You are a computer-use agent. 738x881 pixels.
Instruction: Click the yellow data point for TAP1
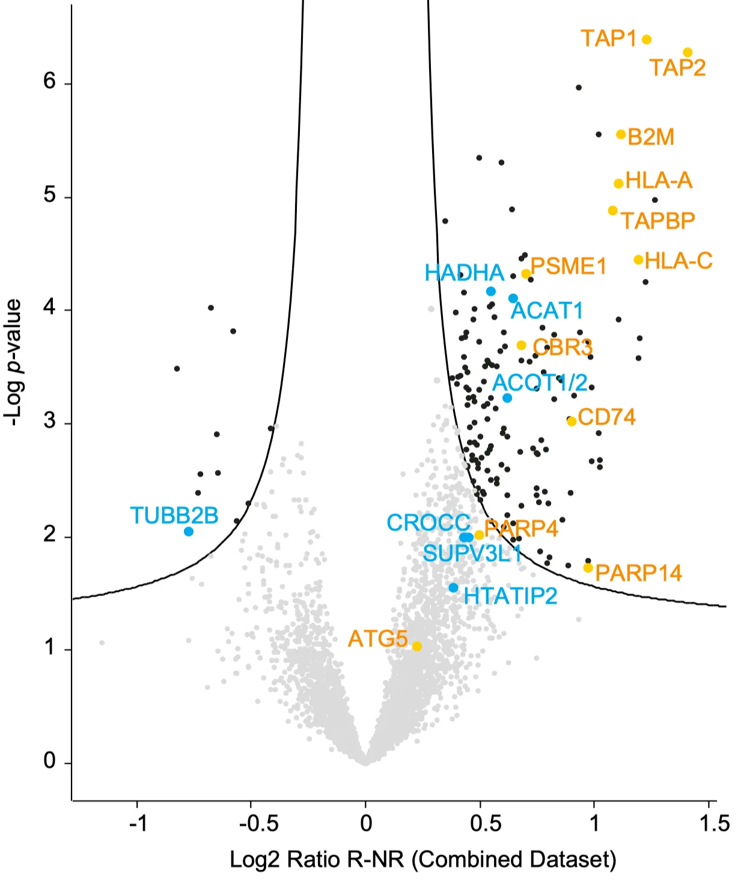pyautogui.click(x=647, y=40)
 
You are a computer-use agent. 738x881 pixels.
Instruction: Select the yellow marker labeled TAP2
pyautogui.click(x=688, y=53)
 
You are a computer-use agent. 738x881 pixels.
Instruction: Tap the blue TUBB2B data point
pyautogui.click(x=189, y=531)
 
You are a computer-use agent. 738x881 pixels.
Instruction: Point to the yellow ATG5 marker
pyautogui.click(x=416, y=646)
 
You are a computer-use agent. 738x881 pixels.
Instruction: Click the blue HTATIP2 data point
pyautogui.click(x=453, y=588)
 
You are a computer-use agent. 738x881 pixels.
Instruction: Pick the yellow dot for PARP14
pyautogui.click(x=588, y=568)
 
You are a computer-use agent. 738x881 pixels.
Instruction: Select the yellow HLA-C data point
pyautogui.click(x=638, y=260)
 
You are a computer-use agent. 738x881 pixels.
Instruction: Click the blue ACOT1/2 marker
pyautogui.click(x=507, y=398)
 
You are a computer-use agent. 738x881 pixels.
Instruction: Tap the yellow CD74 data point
pyautogui.click(x=572, y=421)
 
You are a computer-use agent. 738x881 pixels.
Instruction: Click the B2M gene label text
pyautogui.click(x=651, y=137)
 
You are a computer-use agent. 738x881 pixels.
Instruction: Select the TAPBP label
pyautogui.click(x=657, y=221)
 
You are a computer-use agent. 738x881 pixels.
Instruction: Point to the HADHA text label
pyautogui.click(x=464, y=273)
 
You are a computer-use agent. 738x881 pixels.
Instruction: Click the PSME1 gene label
pyautogui.click(x=569, y=266)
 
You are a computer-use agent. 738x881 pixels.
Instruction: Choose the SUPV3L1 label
pyautogui.click(x=472, y=553)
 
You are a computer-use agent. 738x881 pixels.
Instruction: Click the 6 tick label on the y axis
pyautogui.click(x=50, y=81)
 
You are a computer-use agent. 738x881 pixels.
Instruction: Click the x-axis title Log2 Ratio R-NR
pyautogui.click(x=423, y=859)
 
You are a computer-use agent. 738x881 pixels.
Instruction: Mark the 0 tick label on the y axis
pyautogui.click(x=50, y=761)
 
